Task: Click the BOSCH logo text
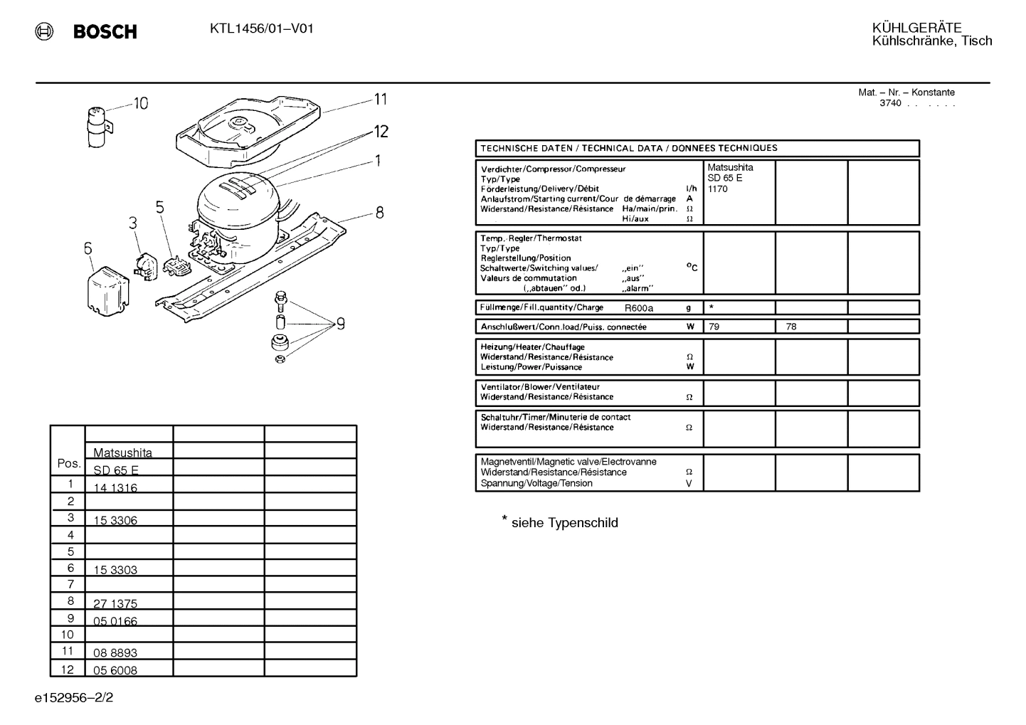tap(105, 31)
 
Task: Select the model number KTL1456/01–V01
tap(261, 29)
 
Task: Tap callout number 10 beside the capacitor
tap(141, 104)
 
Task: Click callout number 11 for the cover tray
tap(381, 100)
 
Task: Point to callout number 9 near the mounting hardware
tap(341, 324)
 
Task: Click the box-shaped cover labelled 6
tap(107, 289)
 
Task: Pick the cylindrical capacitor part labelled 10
tap(97, 127)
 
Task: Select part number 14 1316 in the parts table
tap(115, 487)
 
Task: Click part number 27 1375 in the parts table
tap(115, 603)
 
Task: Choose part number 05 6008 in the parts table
tap(115, 670)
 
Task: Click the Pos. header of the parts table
tap(68, 463)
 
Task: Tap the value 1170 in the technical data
tap(718, 189)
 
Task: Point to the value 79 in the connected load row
tap(714, 327)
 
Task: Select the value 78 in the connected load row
tap(791, 327)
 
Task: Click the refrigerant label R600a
tap(639, 308)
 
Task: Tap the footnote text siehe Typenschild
tap(564, 523)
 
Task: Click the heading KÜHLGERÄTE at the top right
tap(916, 28)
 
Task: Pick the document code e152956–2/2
tap(74, 697)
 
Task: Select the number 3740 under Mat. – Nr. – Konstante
tap(890, 103)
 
